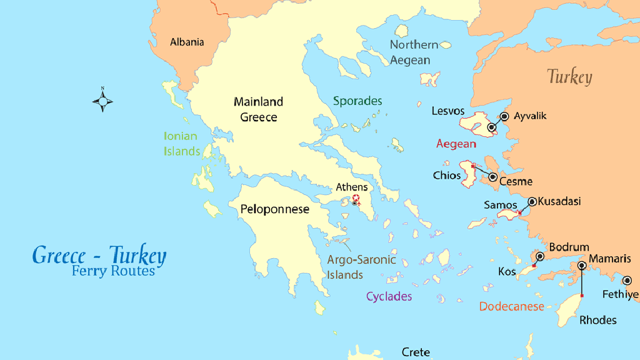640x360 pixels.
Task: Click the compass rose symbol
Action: click(102, 100)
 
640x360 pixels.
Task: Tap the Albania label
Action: click(187, 42)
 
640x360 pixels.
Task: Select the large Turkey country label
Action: click(569, 77)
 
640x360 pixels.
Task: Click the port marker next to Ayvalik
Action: click(504, 116)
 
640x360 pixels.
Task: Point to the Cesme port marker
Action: click(492, 177)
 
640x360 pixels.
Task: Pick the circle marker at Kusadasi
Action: click(532, 201)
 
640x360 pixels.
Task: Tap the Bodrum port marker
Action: click(540, 256)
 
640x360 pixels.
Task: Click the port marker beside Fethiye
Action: click(627, 280)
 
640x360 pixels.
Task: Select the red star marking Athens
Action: click(356, 197)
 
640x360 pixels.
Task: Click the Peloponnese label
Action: click(275, 209)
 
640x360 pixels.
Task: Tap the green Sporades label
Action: click(357, 101)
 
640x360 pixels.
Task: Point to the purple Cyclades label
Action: click(389, 296)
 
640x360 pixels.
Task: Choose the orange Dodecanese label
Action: click(511, 306)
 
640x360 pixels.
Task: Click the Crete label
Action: click(416, 352)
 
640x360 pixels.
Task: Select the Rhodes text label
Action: click(597, 320)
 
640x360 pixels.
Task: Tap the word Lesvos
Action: click(448, 111)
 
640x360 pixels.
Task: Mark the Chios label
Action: click(446, 176)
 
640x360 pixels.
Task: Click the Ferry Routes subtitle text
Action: click(113, 271)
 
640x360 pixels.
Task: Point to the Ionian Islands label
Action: click(181, 144)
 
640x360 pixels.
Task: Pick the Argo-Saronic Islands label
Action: click(362, 267)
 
